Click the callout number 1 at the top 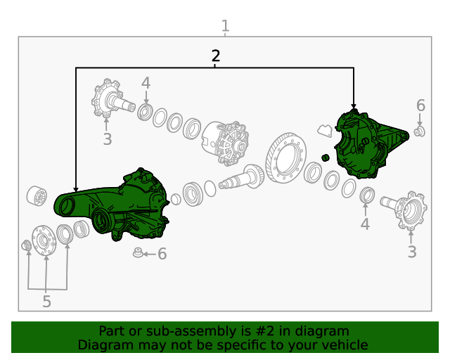point(225,26)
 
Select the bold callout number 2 point(216,56)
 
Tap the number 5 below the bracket point(47,302)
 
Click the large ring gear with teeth point(285,157)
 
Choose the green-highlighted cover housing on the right point(371,143)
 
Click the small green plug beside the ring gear point(325,157)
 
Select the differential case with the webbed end point(226,143)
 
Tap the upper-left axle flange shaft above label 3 point(112,98)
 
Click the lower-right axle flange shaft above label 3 point(405,210)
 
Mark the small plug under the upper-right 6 point(419,131)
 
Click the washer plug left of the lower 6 point(138,252)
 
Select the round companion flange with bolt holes point(44,240)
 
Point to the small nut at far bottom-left point(27,245)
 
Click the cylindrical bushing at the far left point(37,195)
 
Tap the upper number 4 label point(146,83)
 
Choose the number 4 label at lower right point(365,224)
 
